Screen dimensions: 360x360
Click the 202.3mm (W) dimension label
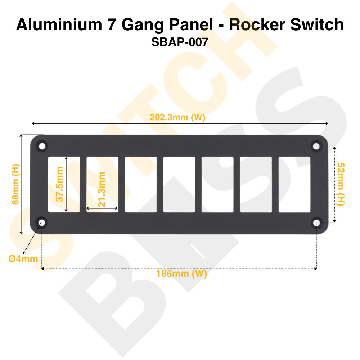[177, 117]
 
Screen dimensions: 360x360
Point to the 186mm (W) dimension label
[181, 274]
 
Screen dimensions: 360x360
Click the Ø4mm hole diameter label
[23, 258]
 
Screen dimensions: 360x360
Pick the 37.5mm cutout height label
[59, 184]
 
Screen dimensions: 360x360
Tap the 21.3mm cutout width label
[102, 189]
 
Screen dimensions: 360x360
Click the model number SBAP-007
[180, 42]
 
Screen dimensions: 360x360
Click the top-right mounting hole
[316, 146]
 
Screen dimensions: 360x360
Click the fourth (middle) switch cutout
[179, 184]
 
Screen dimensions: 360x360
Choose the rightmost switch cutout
[294, 184]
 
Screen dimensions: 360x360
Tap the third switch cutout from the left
[141, 184]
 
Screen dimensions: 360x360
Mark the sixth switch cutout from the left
[256, 184]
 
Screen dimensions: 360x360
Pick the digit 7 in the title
[113, 25]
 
